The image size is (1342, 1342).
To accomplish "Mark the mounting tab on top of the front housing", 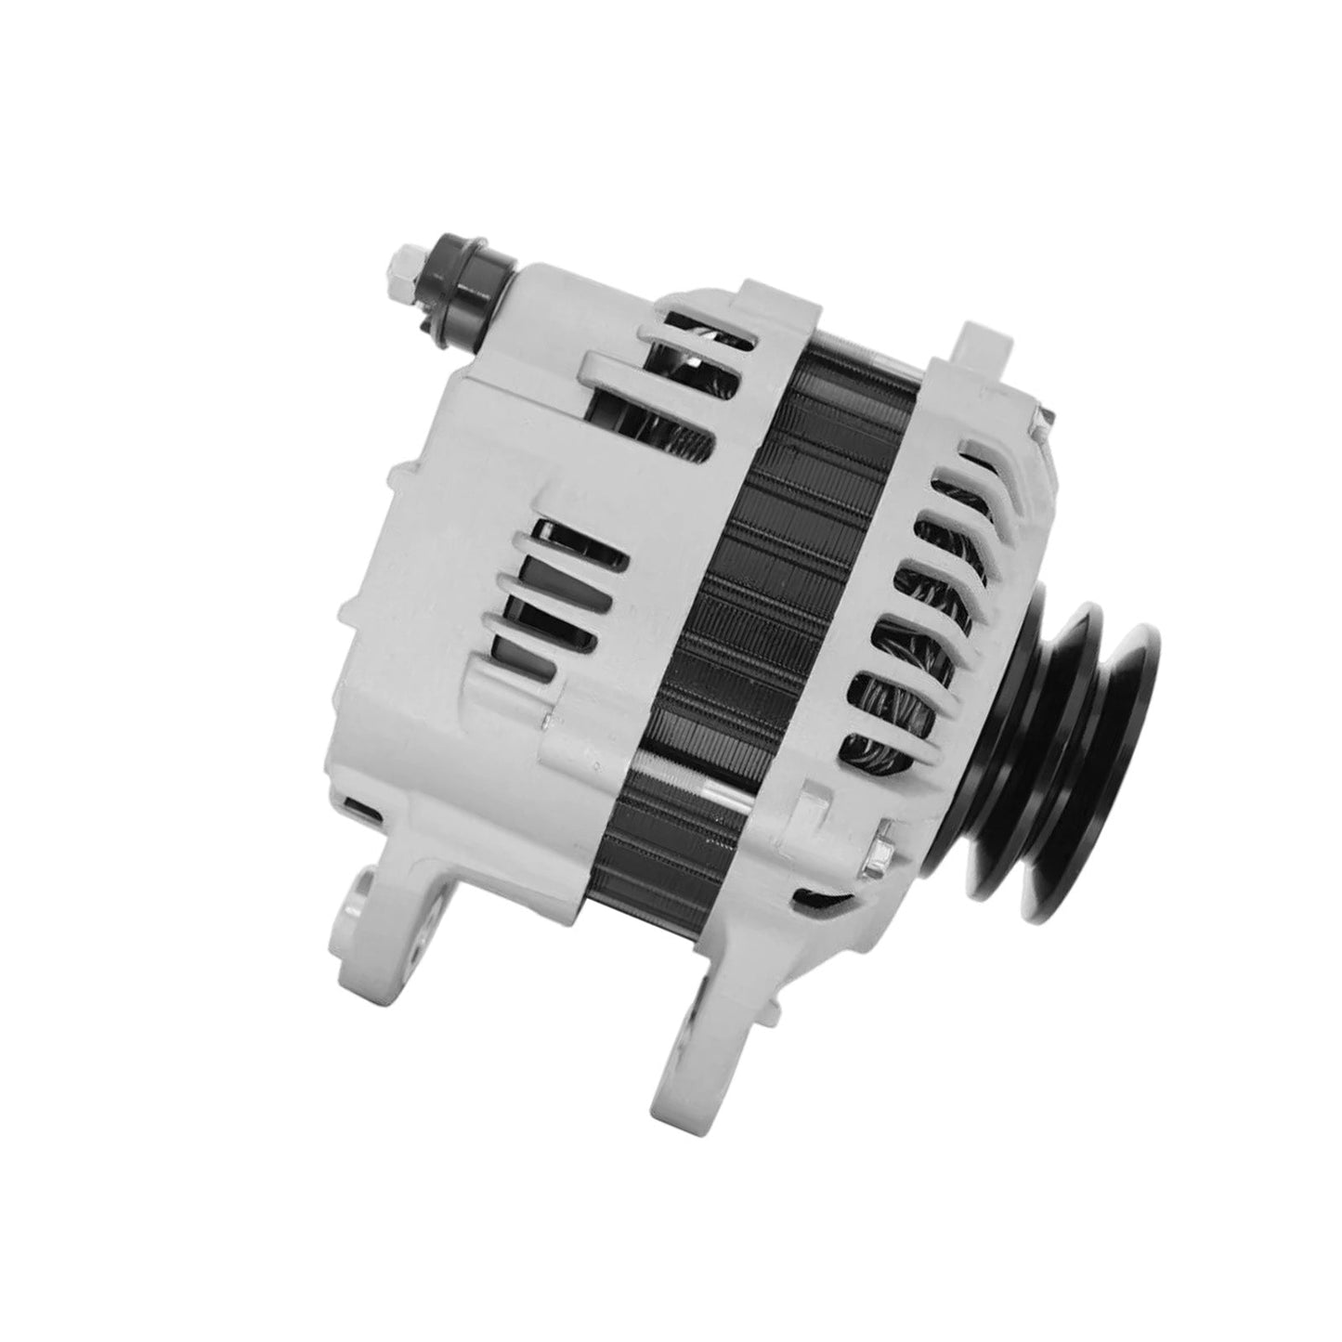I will coord(984,348).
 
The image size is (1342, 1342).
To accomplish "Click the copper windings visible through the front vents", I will coord(906,650).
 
